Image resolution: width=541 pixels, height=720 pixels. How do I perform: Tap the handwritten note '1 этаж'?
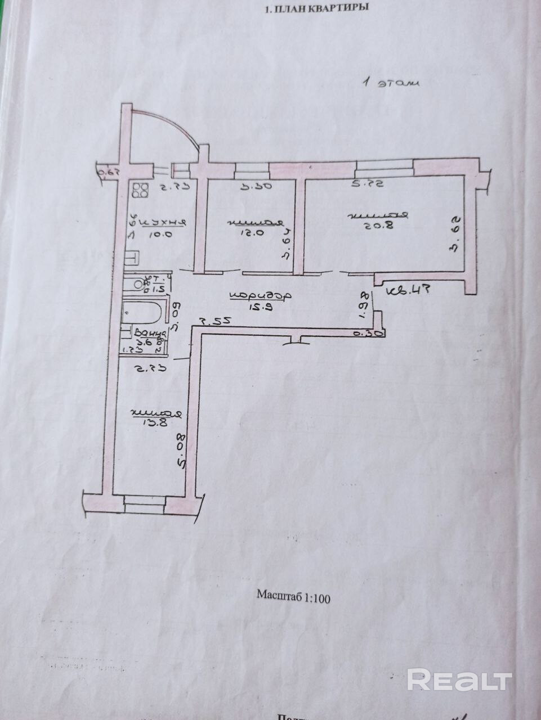pyautogui.click(x=390, y=84)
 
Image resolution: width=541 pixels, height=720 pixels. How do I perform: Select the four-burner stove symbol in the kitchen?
pyautogui.click(x=141, y=191)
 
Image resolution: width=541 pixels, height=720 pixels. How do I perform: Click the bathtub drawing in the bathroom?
pyautogui.click(x=143, y=312)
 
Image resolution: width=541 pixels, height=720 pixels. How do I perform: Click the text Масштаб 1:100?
pyautogui.click(x=293, y=597)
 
